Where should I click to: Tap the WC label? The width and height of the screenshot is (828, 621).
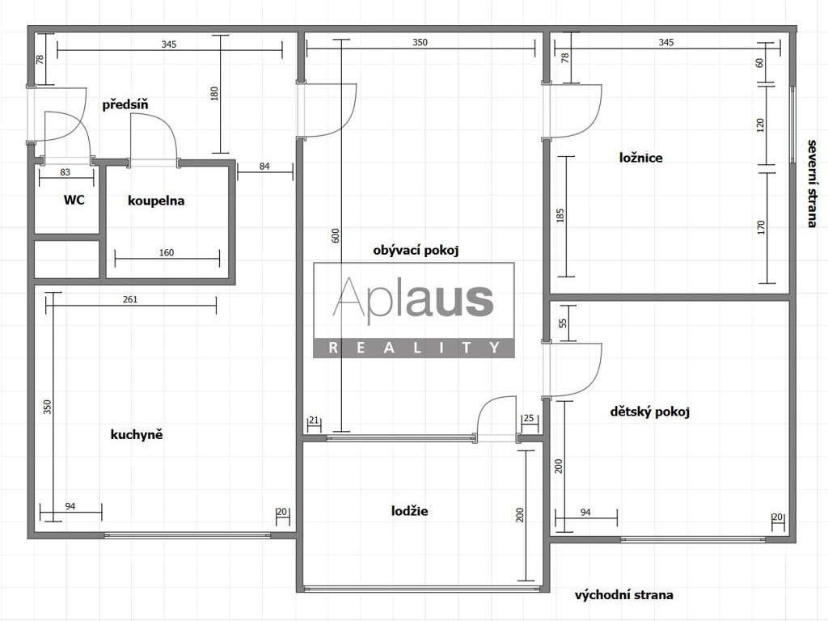[x=74, y=200]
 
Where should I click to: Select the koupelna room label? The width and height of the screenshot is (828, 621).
[x=156, y=200]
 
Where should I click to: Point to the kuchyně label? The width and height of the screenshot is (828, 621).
[x=137, y=434]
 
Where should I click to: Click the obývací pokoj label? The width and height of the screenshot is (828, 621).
[x=416, y=251]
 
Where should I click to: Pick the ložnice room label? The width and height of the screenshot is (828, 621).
[x=640, y=158]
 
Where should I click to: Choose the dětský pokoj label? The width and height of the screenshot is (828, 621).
[x=649, y=412]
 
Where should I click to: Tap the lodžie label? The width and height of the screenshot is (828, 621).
[x=409, y=511]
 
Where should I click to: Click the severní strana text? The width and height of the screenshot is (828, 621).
[x=813, y=183]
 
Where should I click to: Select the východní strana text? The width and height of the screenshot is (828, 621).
[x=623, y=595]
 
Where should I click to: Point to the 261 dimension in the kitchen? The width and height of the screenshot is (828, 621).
[x=130, y=299]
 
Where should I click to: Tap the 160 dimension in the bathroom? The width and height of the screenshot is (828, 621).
[x=166, y=253]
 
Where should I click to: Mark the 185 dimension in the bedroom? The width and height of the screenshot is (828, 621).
[x=560, y=215]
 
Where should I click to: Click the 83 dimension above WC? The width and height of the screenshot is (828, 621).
[x=65, y=172]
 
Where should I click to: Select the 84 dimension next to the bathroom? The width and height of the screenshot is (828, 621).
[x=264, y=167]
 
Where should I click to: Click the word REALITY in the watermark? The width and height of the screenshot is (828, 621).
[x=413, y=349]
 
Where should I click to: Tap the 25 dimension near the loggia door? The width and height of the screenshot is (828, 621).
[x=529, y=419]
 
